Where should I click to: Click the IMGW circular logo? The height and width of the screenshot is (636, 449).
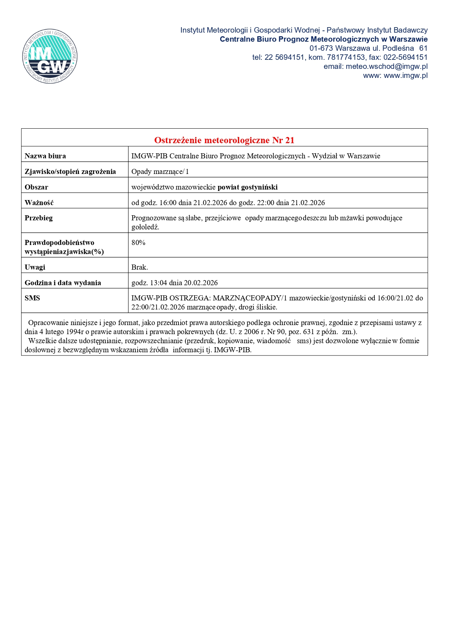point(50,56)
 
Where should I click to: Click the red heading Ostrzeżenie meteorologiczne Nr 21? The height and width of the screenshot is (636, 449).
point(224,140)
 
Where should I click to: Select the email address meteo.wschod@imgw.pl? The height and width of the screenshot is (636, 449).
point(387,66)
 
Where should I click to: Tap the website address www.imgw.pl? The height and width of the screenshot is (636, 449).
point(406,75)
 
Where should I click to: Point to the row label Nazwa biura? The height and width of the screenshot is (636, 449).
point(45,156)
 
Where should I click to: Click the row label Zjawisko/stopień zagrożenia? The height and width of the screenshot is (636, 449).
point(70,172)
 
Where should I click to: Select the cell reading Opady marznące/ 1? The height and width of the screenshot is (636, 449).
point(160,172)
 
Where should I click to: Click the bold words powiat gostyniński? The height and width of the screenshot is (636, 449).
point(248,187)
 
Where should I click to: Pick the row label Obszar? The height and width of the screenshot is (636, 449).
point(36,187)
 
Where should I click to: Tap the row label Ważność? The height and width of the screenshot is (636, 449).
point(39,203)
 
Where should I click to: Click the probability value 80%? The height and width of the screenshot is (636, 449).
point(138,243)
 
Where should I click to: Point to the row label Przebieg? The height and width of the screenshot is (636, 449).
point(39,218)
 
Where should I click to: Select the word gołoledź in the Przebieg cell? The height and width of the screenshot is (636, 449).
point(145,227)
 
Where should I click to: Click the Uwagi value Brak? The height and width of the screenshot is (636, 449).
point(139,267)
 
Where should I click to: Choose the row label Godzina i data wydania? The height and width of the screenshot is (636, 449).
point(63,283)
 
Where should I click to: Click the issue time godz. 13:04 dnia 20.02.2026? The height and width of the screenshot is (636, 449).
point(175,283)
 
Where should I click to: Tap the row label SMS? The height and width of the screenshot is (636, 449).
point(32,298)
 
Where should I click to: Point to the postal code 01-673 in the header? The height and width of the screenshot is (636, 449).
point(321,48)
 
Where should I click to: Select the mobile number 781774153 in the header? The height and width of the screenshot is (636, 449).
point(346,57)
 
